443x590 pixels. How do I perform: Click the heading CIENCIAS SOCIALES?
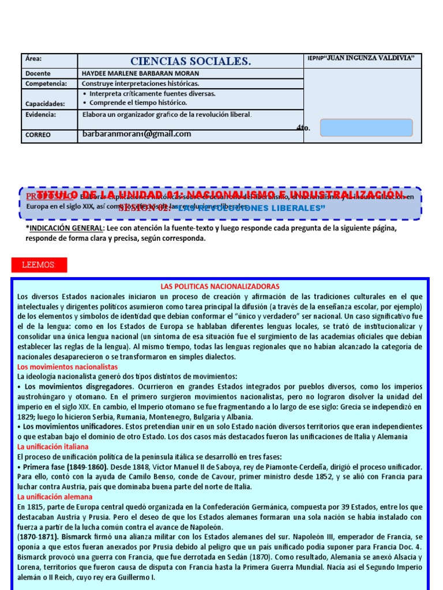coord(190,61)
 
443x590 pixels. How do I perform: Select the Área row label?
coord(34,59)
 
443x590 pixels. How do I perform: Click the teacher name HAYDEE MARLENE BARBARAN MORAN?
coord(140,74)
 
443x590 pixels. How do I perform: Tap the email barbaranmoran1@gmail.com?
coord(137,134)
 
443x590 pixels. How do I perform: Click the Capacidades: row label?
coord(45,104)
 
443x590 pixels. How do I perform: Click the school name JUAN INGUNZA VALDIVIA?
coord(364,58)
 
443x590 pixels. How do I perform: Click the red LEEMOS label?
coord(39,265)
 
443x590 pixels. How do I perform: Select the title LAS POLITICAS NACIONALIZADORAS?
coord(219,286)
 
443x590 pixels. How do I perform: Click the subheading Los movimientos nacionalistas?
coord(67,366)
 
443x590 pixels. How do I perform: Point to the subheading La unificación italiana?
coord(53,447)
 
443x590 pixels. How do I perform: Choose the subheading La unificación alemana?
coord(55,497)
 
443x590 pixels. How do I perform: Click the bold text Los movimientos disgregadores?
coord(72,387)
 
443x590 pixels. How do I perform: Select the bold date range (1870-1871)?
coord(39,537)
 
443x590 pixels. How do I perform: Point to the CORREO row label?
coord(38,135)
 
